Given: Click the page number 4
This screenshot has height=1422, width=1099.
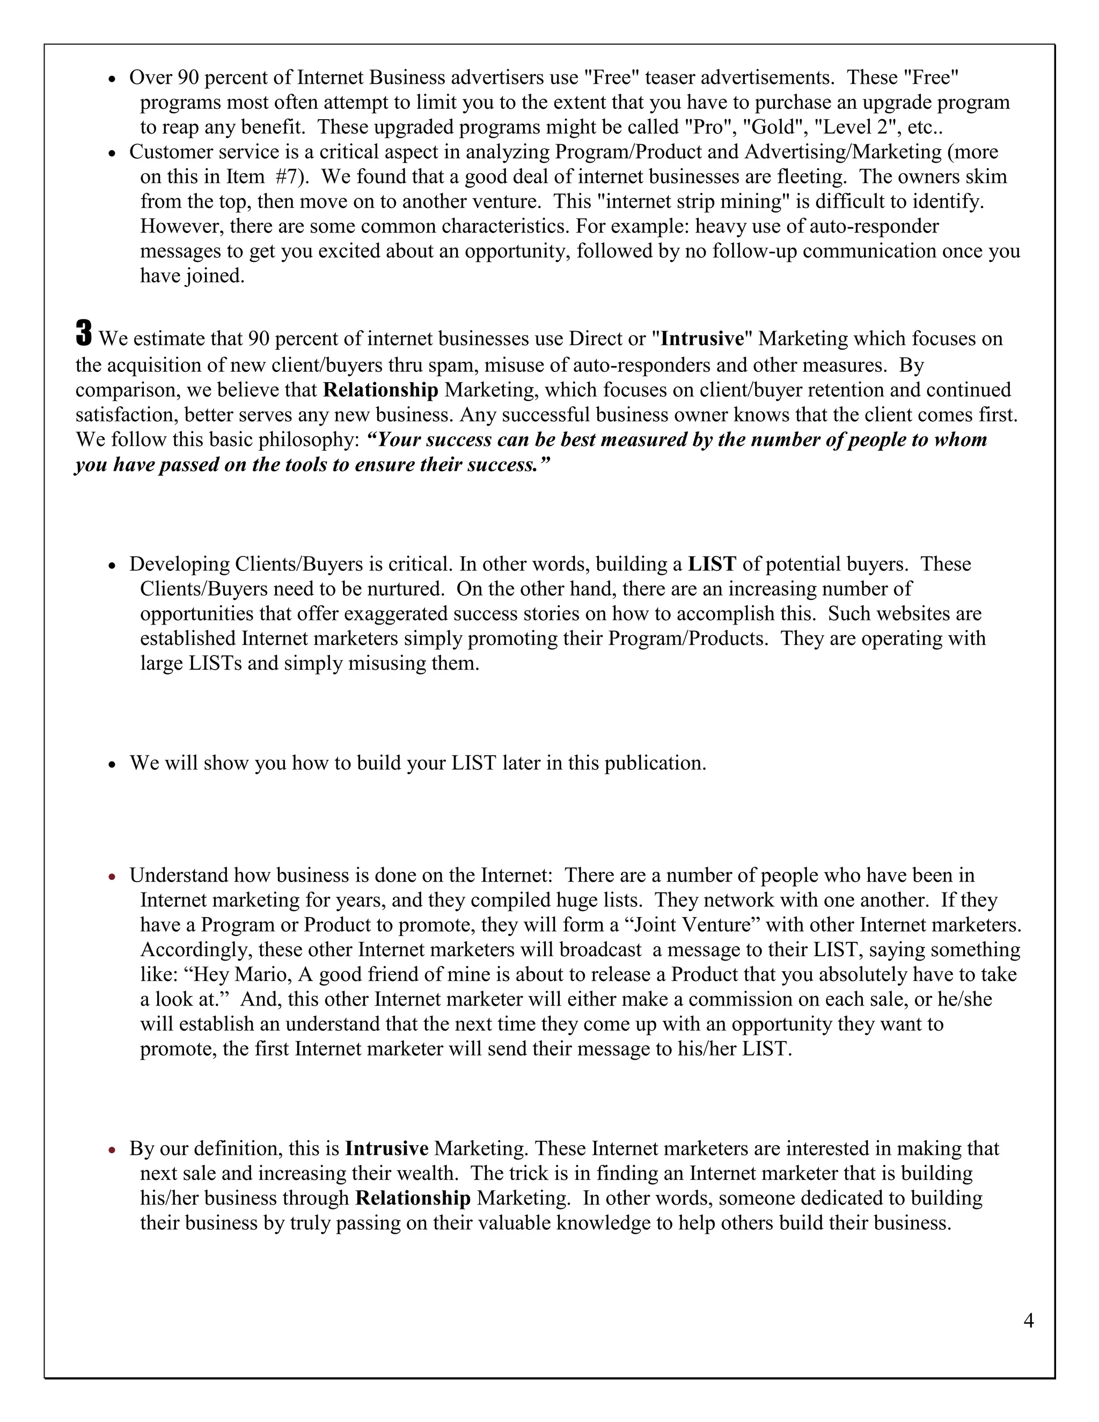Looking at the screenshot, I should [x=1029, y=1321].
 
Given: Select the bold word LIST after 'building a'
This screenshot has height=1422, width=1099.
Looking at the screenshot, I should [x=712, y=564].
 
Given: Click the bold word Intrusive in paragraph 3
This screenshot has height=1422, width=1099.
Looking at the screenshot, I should [x=702, y=339].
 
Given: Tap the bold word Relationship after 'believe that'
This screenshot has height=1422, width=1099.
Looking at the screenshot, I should [x=381, y=390].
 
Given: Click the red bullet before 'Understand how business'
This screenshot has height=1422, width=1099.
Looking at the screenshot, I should [x=113, y=877].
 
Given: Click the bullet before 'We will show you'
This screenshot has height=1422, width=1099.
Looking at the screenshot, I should [x=113, y=764].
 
